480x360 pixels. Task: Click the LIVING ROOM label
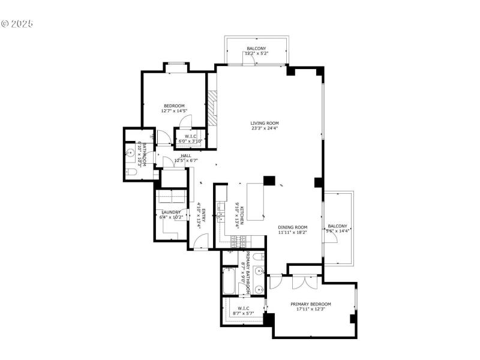265,123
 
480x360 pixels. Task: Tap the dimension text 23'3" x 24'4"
265,128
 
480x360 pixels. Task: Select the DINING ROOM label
293,227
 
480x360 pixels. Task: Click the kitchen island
255,202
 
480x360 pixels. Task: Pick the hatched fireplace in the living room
211,107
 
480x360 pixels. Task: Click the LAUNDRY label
170,212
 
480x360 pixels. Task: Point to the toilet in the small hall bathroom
133,172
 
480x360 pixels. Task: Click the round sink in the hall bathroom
130,153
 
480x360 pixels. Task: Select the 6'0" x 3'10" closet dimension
191,141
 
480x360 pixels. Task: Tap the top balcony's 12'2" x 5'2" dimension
256,53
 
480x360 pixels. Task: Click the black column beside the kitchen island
269,181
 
